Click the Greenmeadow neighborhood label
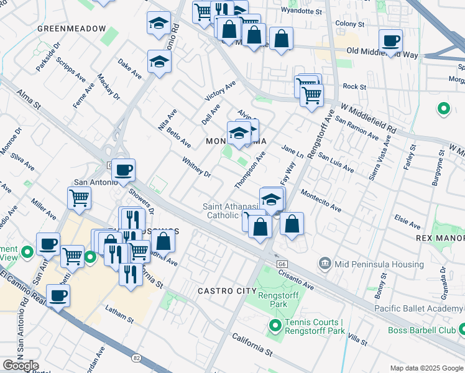71,29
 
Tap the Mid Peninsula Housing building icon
325,264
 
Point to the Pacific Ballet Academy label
419,308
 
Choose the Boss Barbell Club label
423,331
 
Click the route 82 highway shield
136,357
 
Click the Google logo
20,366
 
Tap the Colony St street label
349,24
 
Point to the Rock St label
354,87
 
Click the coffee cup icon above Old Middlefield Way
390,41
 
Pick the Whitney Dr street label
197,167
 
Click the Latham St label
119,320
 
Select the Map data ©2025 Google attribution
426,367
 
